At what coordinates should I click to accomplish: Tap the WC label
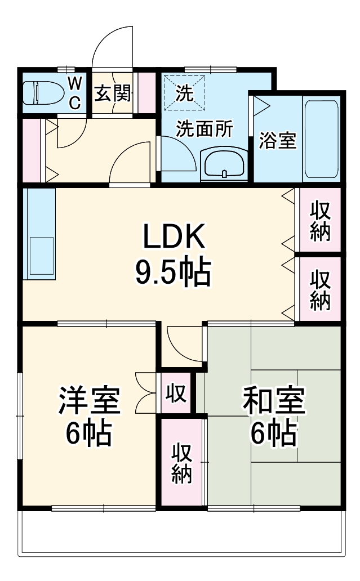75,93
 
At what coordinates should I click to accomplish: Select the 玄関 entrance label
113,93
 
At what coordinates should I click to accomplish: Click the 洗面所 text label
203,129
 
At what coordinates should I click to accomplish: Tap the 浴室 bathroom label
277,140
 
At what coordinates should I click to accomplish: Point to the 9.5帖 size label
172,272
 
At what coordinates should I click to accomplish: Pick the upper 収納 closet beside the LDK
319,220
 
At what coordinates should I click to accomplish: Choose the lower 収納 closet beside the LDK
319,289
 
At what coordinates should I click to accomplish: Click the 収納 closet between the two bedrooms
181,463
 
